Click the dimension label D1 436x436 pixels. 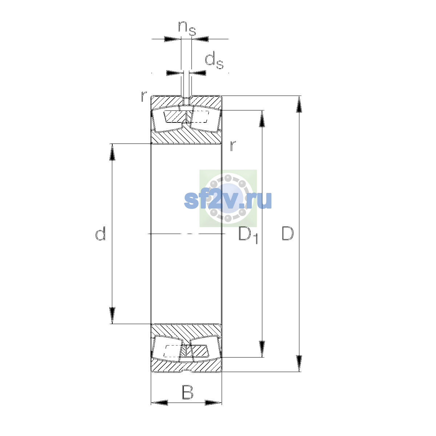click(x=248, y=235)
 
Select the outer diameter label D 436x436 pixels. click(x=287, y=233)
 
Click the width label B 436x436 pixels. click(x=187, y=392)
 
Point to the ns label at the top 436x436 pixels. click(x=187, y=28)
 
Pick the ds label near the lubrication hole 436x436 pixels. click(x=214, y=60)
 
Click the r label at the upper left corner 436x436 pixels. click(x=144, y=96)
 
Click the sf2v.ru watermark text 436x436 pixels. click(x=228, y=200)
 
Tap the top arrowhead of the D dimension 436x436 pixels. click(x=299, y=104)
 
